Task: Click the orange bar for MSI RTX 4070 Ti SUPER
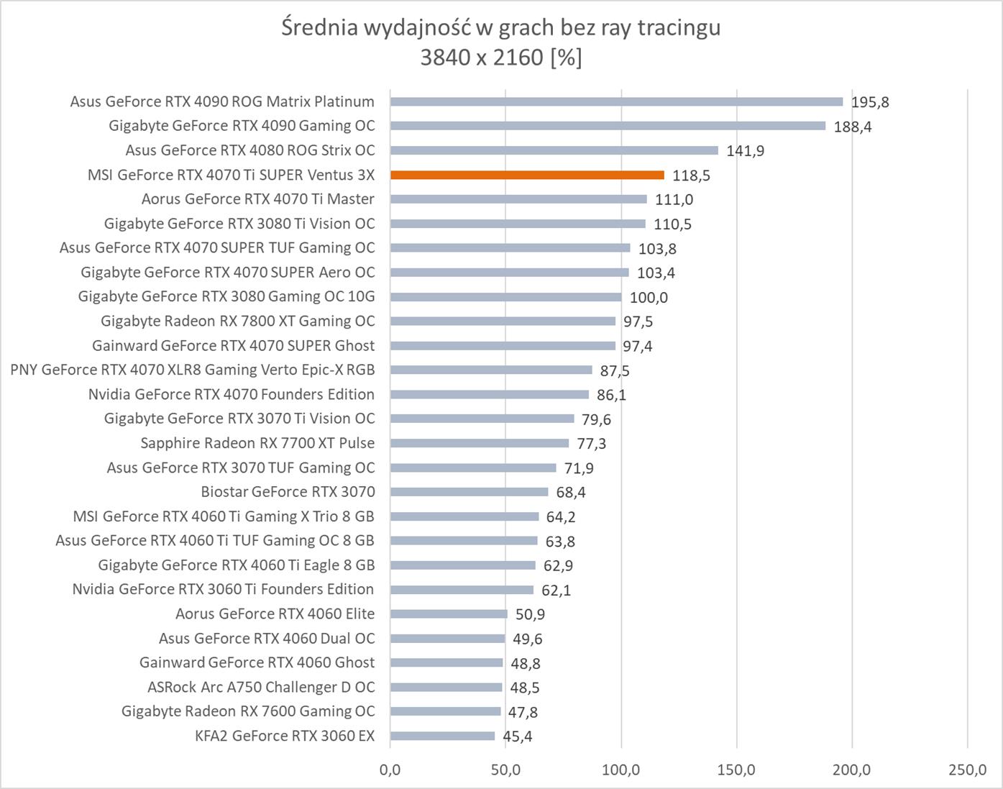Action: [527, 175]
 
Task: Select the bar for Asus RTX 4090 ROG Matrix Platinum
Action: [616, 101]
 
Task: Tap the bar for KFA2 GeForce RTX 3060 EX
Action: [443, 736]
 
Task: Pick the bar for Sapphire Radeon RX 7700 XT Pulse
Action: [480, 443]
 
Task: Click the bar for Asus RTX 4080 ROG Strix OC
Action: [554, 150]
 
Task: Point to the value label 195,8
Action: [870, 102]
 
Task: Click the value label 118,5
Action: [691, 175]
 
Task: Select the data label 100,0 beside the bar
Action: [649, 297]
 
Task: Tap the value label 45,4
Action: [518, 736]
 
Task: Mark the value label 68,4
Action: [571, 493]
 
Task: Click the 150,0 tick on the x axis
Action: [736, 770]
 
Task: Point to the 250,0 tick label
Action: [967, 770]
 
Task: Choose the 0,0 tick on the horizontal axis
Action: [390, 770]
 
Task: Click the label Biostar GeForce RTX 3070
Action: [288, 492]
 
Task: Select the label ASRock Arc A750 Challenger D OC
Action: [261, 687]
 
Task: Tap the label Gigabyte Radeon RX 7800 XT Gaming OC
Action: [238, 321]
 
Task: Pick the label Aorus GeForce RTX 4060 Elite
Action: [275, 614]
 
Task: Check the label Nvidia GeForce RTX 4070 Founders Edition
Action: [232, 394]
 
